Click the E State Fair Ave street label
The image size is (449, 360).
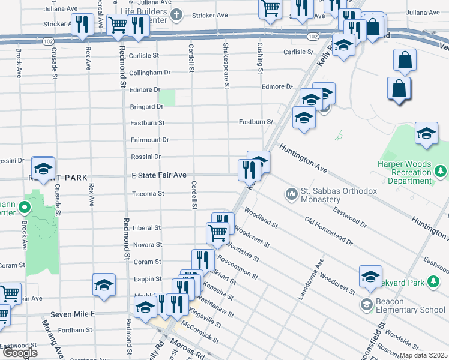tap(159, 175)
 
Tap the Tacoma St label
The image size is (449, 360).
tap(148, 194)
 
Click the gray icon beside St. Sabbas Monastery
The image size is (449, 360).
tap(292, 193)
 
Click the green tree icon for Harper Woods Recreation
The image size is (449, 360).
tap(442, 172)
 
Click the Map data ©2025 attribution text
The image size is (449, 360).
tap(423, 355)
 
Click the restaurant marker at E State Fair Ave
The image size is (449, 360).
tap(248, 170)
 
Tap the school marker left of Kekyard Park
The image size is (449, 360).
tap(370, 276)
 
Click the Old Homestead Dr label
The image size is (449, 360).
tap(328, 231)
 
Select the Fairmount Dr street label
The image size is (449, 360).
tap(150, 140)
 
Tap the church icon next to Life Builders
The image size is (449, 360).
tap(176, 14)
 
